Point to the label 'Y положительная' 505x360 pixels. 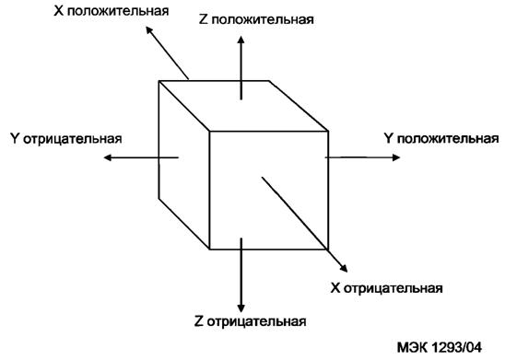[x=440, y=138]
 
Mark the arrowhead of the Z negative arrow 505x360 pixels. [x=241, y=305]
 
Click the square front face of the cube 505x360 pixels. [x=268, y=190]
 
